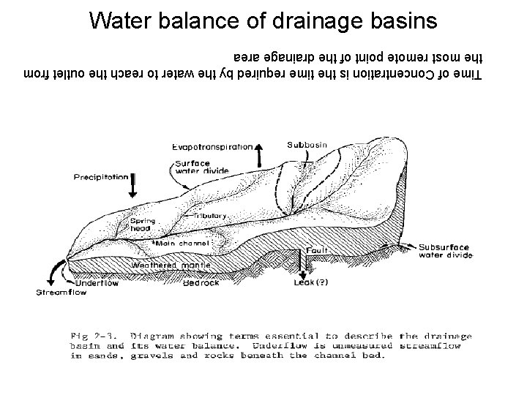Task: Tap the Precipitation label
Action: point(102,177)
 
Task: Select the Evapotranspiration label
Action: point(213,147)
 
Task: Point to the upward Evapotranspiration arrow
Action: point(258,156)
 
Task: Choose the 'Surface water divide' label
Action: point(193,168)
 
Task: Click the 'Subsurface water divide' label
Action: point(445,252)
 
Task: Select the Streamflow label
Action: point(61,293)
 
